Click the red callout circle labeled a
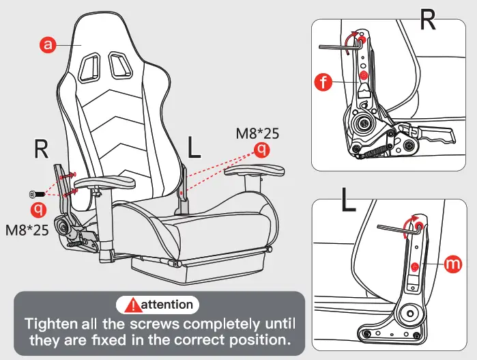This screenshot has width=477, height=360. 47,45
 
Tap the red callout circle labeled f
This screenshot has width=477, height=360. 325,83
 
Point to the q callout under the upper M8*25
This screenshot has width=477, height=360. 261,149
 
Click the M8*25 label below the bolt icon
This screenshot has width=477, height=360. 27,230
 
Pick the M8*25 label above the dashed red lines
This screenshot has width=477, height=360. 257,133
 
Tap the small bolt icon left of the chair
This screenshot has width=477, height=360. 35,194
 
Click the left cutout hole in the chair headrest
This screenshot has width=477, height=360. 89,68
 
